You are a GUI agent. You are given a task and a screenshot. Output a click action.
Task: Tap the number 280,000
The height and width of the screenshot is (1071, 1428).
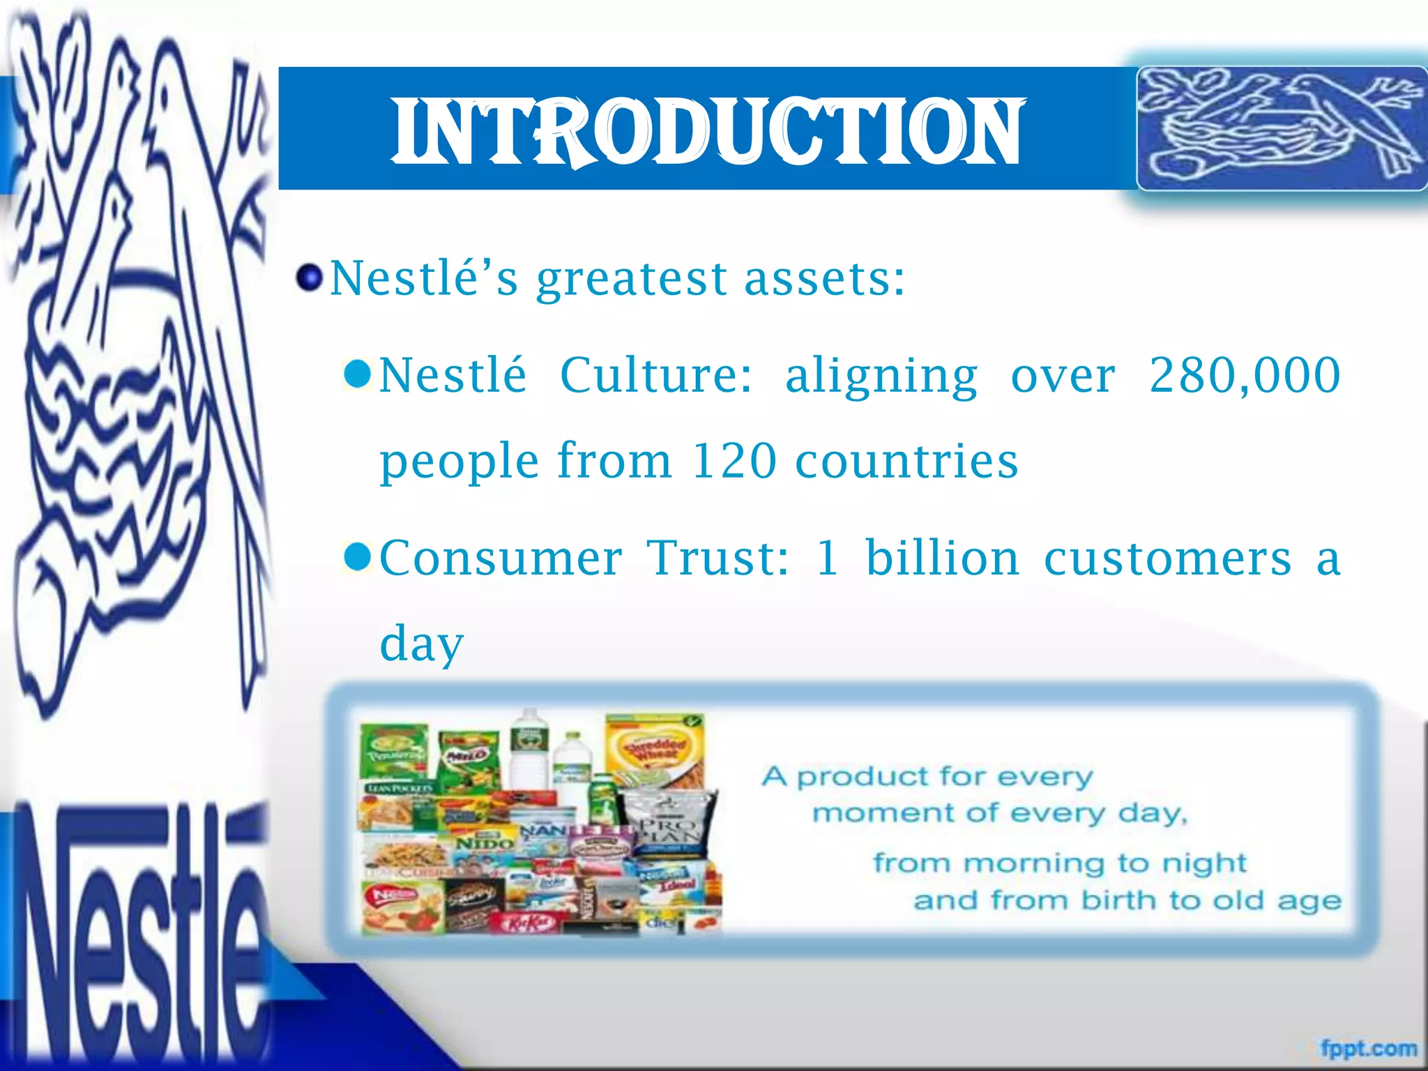(x=1245, y=375)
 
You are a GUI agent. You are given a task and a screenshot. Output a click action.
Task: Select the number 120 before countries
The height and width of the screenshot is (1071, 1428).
(x=734, y=461)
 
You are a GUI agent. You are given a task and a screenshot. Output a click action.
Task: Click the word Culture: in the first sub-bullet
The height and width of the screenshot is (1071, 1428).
(x=656, y=375)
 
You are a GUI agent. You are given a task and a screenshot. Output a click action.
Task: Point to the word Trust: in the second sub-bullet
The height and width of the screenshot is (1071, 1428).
(x=719, y=558)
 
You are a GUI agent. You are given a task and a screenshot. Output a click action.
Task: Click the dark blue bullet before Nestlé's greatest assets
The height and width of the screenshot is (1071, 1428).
(x=309, y=278)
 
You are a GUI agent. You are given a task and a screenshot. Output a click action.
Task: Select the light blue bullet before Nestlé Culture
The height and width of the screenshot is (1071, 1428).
(x=358, y=374)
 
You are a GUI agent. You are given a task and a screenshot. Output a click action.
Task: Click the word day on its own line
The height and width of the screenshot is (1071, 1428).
(x=421, y=644)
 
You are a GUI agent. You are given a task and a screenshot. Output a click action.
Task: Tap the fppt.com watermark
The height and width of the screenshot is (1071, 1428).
(x=1368, y=1048)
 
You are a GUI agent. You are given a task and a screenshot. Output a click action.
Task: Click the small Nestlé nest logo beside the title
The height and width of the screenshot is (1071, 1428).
(x=1281, y=128)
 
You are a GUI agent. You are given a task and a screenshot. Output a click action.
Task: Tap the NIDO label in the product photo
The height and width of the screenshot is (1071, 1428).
(x=484, y=843)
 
